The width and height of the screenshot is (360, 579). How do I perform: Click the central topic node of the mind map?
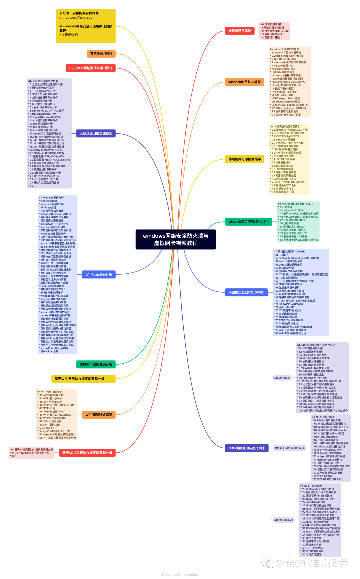pos(176,239)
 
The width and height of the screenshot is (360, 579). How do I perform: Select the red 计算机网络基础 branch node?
pos(240,31)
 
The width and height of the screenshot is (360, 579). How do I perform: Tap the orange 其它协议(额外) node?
pos(101,54)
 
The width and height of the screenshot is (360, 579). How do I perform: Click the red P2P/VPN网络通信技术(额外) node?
pos(91,68)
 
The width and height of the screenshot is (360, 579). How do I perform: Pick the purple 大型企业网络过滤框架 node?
pos(96,133)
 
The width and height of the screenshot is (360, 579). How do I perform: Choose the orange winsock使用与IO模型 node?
pos(244,82)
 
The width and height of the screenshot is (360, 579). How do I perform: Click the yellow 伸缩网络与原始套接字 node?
pos(245,159)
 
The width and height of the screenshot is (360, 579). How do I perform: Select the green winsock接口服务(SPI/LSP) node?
pos(248,222)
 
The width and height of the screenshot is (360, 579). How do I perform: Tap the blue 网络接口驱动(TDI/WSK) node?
pos(246,292)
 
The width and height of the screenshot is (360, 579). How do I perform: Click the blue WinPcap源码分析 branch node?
pos(99,275)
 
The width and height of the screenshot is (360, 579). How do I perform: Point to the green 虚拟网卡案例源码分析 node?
pos(96,364)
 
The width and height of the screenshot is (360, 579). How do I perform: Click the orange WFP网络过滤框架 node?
pos(99,415)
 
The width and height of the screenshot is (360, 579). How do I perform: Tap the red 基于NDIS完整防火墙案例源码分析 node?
pos(87,453)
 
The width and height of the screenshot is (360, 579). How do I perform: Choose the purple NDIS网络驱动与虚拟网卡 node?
pos(247,448)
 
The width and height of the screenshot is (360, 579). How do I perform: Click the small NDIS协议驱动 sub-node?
pos(282,378)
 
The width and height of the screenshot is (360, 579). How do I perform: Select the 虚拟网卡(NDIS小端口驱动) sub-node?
pos(289,448)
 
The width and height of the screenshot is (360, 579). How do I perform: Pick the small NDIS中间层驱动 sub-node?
pos(283,520)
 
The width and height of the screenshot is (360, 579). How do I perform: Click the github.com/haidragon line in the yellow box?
pos(77,18)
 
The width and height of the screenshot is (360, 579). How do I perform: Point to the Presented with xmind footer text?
pos(180,574)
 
